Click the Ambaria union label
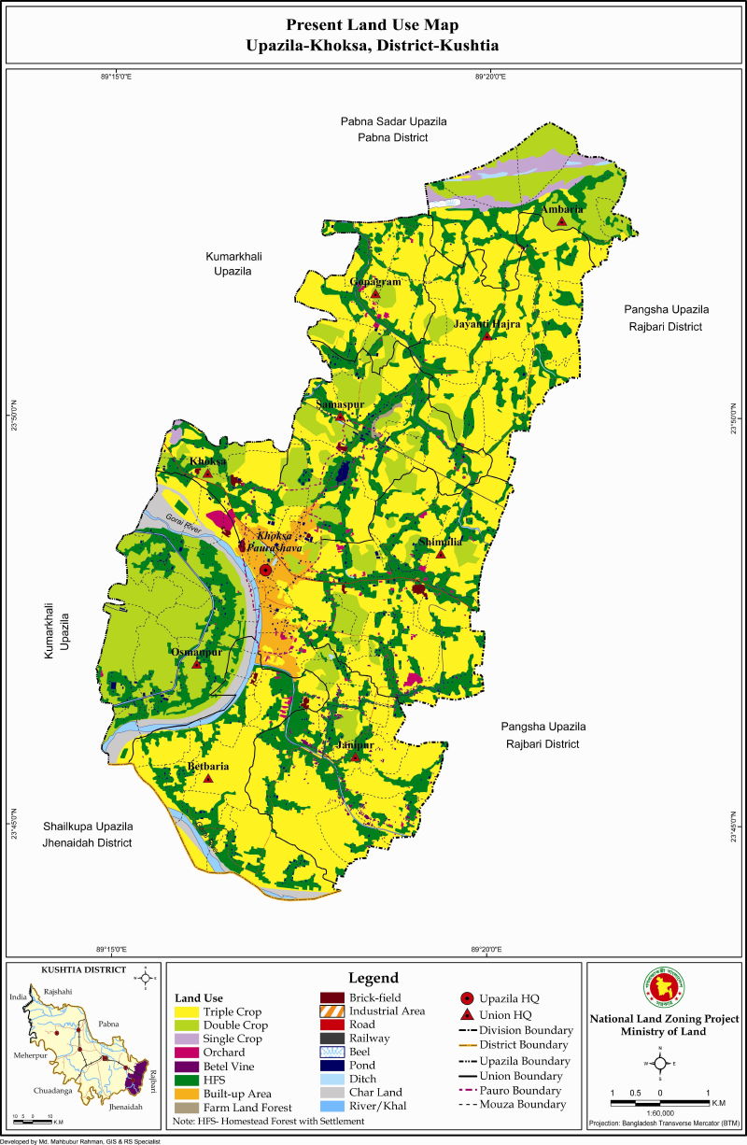(562, 209)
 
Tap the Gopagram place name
(374, 281)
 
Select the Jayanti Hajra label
(486, 324)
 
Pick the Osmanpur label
(196, 652)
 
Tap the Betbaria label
(208, 766)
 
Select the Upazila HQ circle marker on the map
(265, 569)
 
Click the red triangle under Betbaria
(208, 778)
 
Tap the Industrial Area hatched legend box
(332, 1011)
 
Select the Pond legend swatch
(332, 1065)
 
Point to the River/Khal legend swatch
(332, 1106)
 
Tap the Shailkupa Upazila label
(88, 827)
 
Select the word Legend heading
(373, 978)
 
